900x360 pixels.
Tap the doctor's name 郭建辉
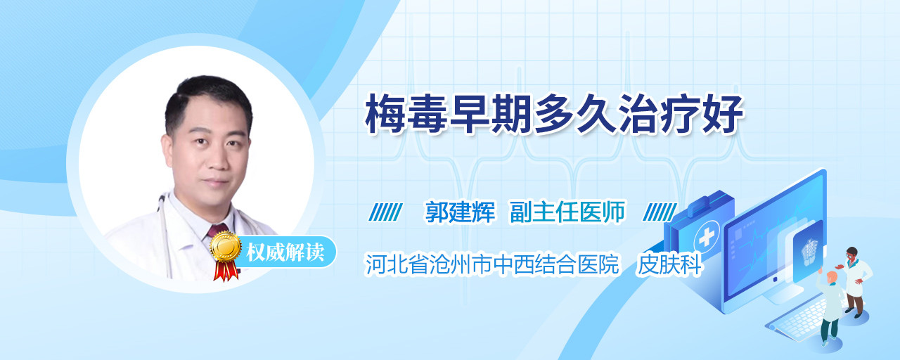[x=460, y=212]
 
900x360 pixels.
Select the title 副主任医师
[x=567, y=212]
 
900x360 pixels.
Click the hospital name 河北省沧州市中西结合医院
[x=492, y=264]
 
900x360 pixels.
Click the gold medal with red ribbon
[x=226, y=255]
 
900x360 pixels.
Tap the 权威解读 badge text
[x=285, y=252]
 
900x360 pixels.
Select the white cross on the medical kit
[x=707, y=238]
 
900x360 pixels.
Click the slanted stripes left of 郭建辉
[x=385, y=212]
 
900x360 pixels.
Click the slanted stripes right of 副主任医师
[x=660, y=212]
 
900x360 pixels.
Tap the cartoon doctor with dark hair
[x=855, y=281]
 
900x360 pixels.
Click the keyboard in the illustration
[x=797, y=319]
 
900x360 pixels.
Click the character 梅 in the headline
[x=385, y=114]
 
